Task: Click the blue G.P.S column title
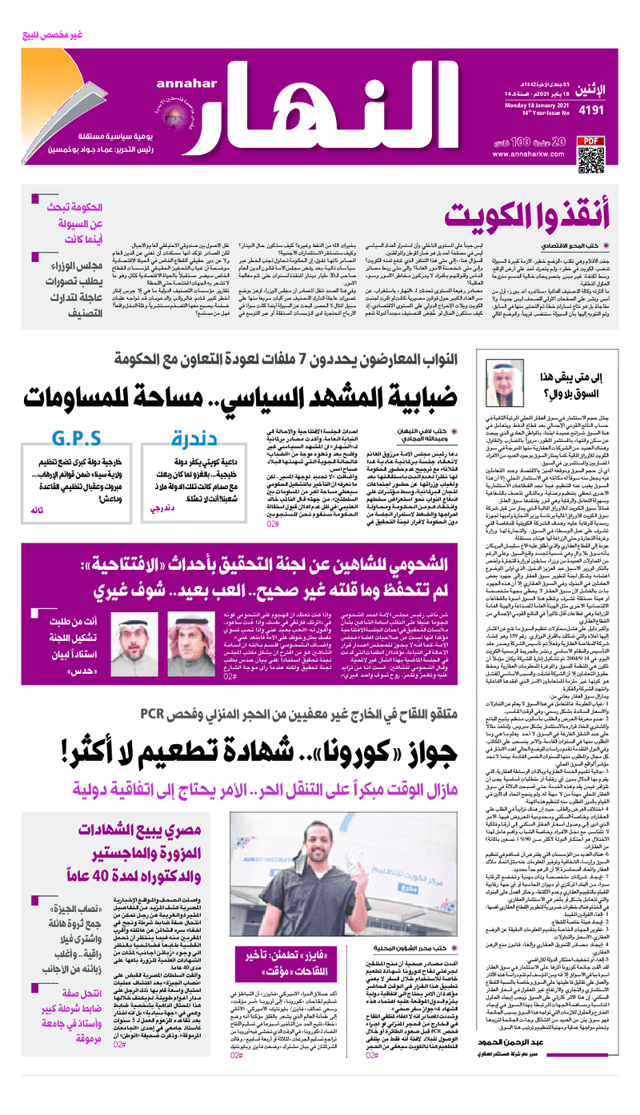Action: (76, 439)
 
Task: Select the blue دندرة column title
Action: (194, 439)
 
